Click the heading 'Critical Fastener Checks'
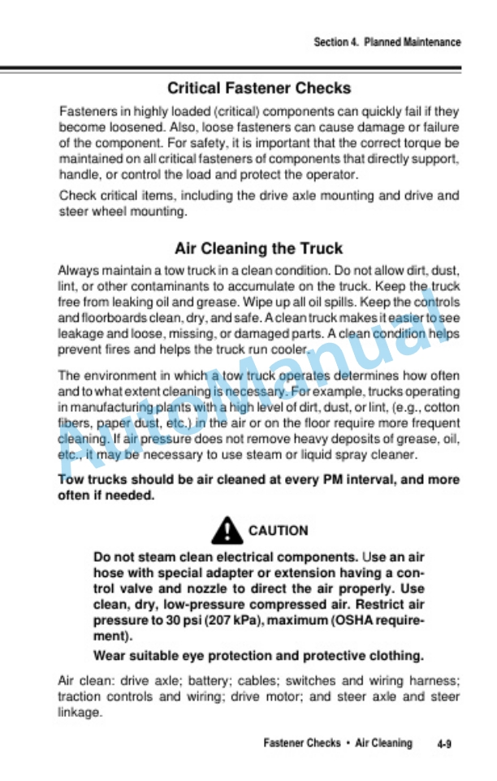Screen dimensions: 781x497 pos(259,88)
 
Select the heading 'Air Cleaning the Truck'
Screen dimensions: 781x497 pos(258,248)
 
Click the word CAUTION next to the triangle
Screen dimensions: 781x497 pos(279,531)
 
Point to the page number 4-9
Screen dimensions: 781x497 pos(443,744)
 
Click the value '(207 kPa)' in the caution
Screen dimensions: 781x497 pos(233,622)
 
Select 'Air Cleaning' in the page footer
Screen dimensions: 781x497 pos(383,743)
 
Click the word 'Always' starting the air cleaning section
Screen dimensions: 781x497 pos(78,270)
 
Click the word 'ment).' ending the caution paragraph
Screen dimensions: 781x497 pos(112,636)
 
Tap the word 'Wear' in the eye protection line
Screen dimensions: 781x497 pos(109,656)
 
